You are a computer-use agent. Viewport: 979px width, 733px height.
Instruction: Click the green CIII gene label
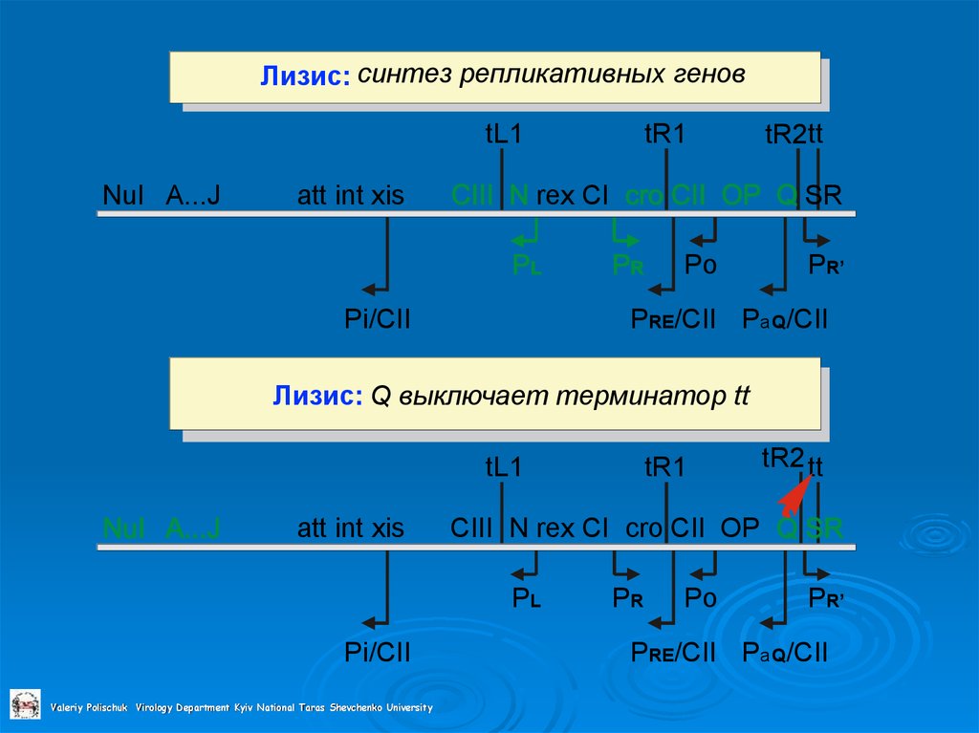point(472,196)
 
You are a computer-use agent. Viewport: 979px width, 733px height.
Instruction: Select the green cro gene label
point(644,196)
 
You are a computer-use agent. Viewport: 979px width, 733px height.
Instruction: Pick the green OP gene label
point(741,196)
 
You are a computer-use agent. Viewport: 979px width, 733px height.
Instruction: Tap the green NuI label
point(122,528)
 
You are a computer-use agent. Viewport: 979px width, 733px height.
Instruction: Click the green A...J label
point(193,528)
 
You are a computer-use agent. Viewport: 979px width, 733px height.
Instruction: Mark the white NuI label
point(122,196)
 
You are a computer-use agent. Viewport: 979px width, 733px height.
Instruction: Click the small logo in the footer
point(26,704)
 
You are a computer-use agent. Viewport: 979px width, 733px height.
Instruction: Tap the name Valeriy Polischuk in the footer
point(90,708)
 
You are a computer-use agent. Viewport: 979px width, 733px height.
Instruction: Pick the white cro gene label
point(644,528)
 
